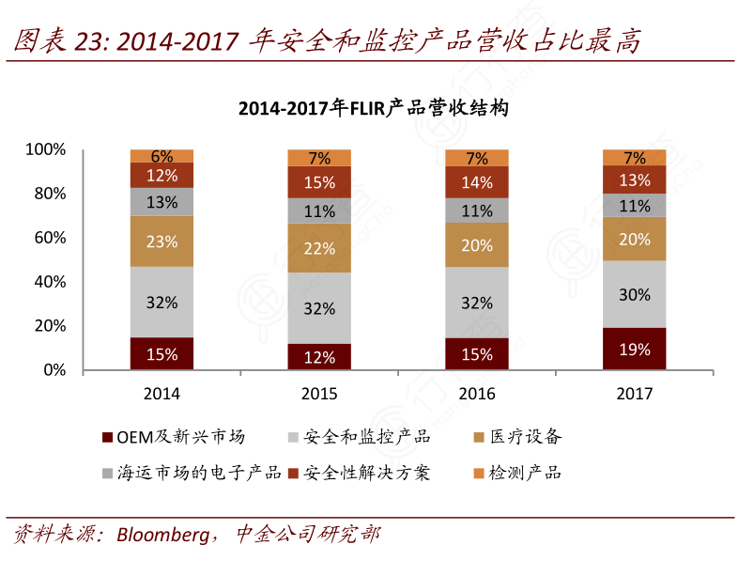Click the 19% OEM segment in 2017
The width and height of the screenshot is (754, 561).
click(634, 349)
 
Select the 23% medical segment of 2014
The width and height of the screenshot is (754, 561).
click(162, 242)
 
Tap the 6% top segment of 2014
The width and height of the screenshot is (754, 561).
click(162, 156)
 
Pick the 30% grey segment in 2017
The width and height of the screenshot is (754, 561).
click(634, 294)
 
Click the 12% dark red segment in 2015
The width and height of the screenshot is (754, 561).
click(319, 357)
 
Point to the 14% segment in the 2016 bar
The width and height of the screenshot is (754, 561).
click(476, 183)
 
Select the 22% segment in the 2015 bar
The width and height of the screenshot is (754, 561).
click(319, 248)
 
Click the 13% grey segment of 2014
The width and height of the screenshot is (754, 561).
click(162, 202)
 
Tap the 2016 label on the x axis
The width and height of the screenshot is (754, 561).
click(476, 394)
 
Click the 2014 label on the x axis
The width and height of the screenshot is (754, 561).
click(162, 394)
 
